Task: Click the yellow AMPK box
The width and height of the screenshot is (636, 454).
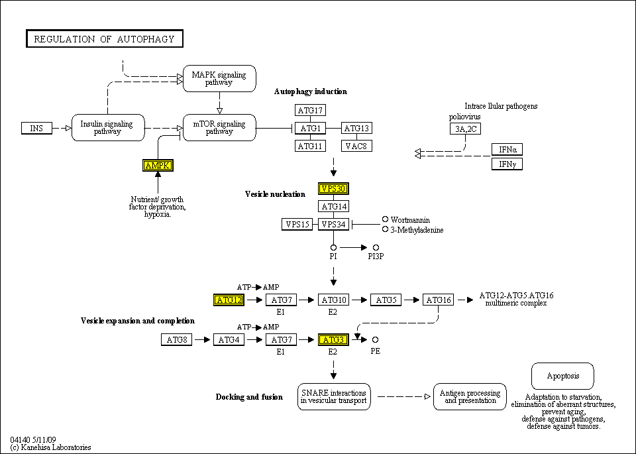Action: tap(158, 166)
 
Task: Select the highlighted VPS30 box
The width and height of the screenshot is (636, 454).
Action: tap(333, 189)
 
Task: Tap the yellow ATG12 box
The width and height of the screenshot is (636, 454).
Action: tap(229, 300)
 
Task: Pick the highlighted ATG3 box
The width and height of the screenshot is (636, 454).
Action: tap(333, 340)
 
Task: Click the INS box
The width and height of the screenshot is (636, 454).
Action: tap(36, 128)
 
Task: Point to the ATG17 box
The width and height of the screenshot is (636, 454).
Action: tap(310, 111)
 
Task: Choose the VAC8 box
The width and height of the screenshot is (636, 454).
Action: tap(356, 146)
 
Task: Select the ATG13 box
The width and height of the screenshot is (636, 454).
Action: tap(356, 128)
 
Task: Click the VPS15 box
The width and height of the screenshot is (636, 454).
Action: tap(297, 224)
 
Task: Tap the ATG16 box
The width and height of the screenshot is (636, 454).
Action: tap(439, 300)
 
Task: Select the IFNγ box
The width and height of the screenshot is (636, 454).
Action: tap(507, 164)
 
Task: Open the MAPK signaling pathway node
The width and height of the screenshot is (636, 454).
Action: tap(219, 78)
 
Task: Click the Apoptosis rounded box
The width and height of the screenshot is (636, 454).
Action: tap(562, 376)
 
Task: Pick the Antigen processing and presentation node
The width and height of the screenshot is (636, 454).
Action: tap(470, 396)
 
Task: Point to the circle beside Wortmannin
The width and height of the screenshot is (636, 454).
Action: tap(385, 219)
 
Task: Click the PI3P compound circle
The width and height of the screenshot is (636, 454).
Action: tap(376, 247)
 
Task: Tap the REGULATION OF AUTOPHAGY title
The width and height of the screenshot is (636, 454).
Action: tap(104, 39)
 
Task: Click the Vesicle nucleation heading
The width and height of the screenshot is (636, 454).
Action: tap(275, 194)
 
